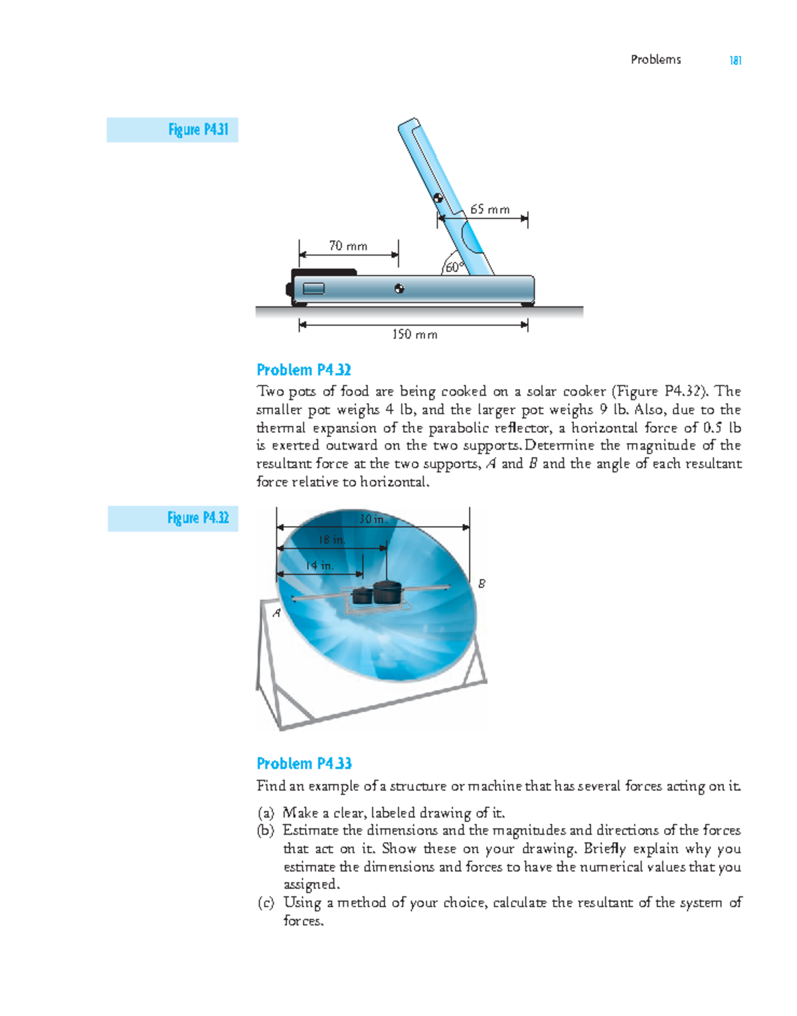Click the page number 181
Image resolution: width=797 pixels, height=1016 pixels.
pos(735,60)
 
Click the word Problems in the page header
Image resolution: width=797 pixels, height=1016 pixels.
pos(656,60)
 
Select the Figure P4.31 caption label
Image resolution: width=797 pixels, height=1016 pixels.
pos(198,129)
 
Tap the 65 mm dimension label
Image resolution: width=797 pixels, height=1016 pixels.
pos(490,209)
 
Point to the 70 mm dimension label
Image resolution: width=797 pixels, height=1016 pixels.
pos(348,246)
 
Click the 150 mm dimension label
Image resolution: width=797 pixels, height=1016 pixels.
pos(414,334)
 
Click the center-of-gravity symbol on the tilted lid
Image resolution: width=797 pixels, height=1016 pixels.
pos(438,198)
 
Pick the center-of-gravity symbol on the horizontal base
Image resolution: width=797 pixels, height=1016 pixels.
pos(399,289)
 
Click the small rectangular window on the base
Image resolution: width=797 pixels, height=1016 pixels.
pos(314,288)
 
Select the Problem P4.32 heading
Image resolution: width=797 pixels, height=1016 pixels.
pos(304,370)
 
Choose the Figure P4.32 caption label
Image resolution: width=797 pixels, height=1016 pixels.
pos(198,518)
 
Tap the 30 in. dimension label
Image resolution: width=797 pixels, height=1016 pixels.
pos(373,519)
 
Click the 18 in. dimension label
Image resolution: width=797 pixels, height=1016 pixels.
pos(331,540)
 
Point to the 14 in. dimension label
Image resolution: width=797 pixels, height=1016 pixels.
pos(319,566)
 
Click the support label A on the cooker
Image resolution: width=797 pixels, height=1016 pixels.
pos(276,613)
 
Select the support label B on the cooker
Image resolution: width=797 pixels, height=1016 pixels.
pos(482,583)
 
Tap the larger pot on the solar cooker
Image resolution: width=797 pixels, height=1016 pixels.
pos(387,591)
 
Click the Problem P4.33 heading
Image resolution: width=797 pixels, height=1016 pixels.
pos(304,764)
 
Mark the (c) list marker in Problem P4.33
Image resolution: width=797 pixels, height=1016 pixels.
pos(266,903)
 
